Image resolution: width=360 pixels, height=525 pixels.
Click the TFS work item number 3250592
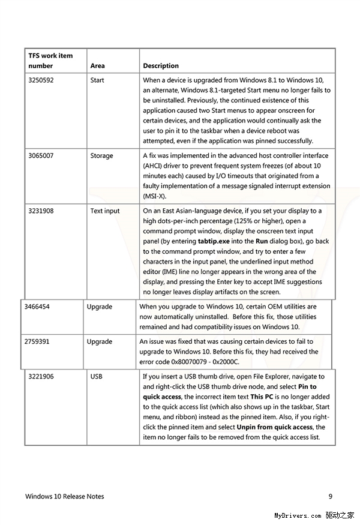[x=41, y=80]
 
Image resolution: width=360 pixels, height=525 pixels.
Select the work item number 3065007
[x=41, y=155]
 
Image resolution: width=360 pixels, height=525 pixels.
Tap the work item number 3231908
[x=41, y=211]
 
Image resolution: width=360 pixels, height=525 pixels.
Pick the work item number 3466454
[x=37, y=307]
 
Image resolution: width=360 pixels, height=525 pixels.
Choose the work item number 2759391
[x=37, y=341]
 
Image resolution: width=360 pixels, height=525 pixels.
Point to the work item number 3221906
[x=41, y=376]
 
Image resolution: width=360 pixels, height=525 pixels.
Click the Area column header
[x=97, y=65]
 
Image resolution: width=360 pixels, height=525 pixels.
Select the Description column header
[x=161, y=65]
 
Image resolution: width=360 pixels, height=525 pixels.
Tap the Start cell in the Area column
[x=97, y=80]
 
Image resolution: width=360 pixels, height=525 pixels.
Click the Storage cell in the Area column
[x=101, y=155]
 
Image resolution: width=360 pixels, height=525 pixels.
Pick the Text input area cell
[x=105, y=211]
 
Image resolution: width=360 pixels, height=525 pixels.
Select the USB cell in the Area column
[x=96, y=376]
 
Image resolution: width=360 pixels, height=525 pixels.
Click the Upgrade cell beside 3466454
[x=99, y=307]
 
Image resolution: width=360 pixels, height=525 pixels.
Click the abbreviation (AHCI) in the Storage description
[x=154, y=166]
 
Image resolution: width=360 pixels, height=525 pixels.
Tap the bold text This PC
[x=263, y=397]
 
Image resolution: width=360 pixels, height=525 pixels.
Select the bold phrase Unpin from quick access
[x=275, y=427]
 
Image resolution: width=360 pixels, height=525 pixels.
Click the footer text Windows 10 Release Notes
[x=65, y=496]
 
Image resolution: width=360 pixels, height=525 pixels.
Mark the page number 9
[x=331, y=496]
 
